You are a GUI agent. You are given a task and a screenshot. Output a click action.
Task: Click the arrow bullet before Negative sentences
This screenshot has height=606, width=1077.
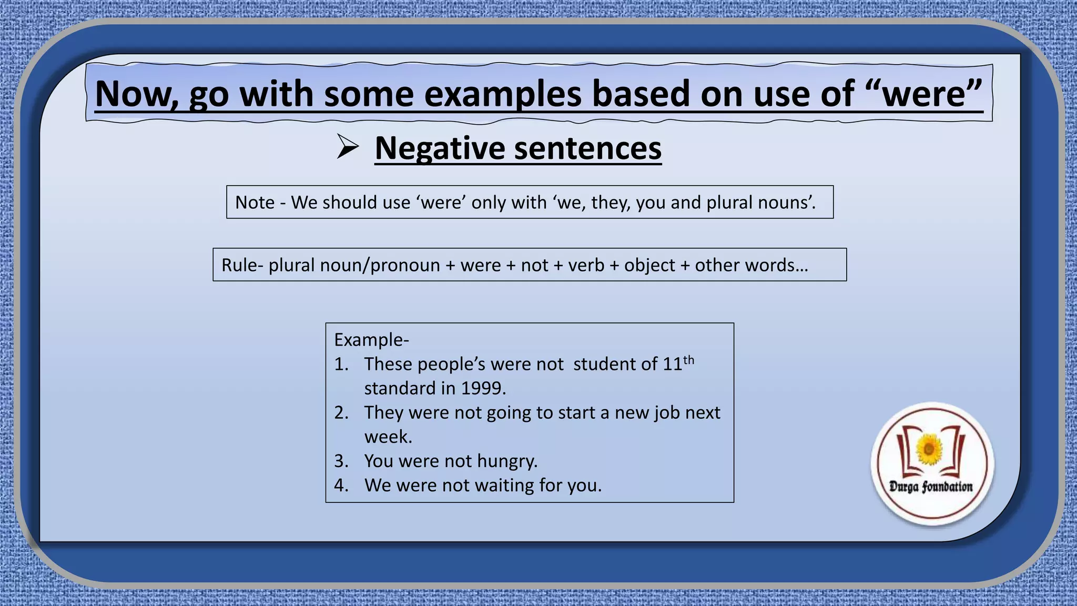coord(347,147)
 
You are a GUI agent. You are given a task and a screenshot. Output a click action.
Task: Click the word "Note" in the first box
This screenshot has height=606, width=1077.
coord(255,203)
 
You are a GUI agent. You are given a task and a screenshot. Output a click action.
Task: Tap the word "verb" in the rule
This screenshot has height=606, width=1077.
coord(586,265)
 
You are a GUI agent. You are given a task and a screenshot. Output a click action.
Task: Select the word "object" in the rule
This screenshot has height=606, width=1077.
coord(649,265)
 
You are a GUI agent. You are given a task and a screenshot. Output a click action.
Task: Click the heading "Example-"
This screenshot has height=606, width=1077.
coord(371,340)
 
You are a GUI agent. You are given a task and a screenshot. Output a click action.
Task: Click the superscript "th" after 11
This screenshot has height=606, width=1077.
coord(688,360)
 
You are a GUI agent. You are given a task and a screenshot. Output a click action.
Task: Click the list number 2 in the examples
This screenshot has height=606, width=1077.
coord(341,412)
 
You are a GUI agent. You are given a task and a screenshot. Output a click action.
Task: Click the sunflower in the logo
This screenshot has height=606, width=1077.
coord(929,449)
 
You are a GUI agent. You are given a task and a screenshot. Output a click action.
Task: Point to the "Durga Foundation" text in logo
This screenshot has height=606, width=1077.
coord(931,487)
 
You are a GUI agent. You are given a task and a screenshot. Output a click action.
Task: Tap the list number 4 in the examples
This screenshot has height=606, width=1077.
coord(341,485)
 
